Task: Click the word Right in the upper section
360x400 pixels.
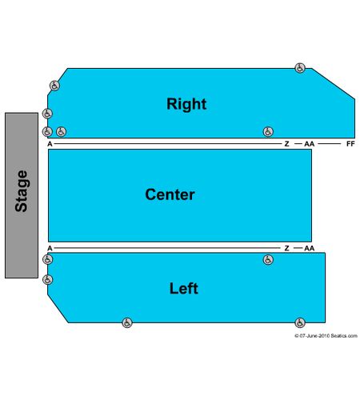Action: (x=186, y=104)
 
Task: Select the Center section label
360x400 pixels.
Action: (x=170, y=194)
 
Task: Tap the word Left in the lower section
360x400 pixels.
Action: (x=184, y=288)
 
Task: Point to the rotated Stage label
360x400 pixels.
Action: (x=22, y=191)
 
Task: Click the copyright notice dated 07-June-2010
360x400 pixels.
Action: (x=326, y=336)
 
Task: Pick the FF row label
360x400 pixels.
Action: (x=350, y=144)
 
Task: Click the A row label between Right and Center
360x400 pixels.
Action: (x=50, y=144)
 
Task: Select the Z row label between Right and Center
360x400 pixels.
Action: (x=286, y=144)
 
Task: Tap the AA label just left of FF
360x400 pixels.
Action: (x=310, y=144)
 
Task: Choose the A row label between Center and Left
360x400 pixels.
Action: (x=50, y=248)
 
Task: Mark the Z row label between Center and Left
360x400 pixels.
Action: (x=286, y=248)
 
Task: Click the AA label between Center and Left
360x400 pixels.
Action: (x=310, y=248)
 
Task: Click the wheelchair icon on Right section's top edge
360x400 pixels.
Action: (x=300, y=68)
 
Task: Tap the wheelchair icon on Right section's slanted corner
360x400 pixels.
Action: (x=54, y=86)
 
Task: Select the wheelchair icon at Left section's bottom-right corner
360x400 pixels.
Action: (x=300, y=322)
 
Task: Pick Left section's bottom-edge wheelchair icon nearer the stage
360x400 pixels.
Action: (x=127, y=322)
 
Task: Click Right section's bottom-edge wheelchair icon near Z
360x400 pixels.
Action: (x=268, y=132)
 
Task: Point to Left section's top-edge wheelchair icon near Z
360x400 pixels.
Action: (x=268, y=260)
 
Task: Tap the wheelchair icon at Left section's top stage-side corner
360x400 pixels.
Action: (x=48, y=259)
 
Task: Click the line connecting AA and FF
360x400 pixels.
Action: (x=330, y=144)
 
